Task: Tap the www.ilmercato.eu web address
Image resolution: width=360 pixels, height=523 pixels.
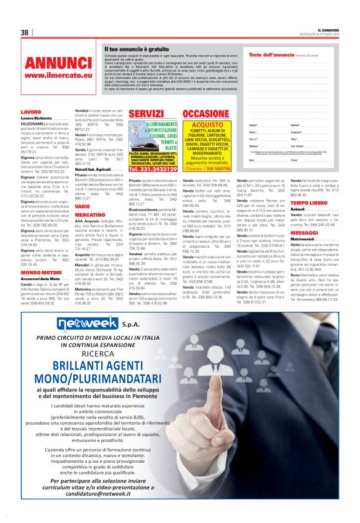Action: tap(58, 75)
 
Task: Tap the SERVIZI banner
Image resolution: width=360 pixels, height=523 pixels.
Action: tap(145, 114)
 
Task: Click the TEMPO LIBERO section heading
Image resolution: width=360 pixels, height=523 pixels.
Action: tap(308, 202)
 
